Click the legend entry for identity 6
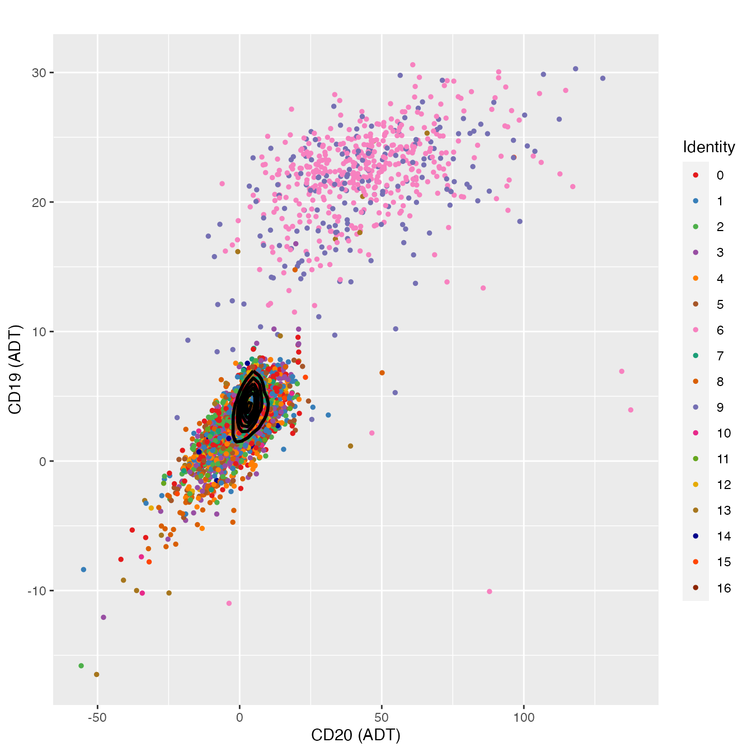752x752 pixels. tap(720, 330)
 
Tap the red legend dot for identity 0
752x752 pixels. tap(695, 175)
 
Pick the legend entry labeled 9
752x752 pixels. tap(720, 407)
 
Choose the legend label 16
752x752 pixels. tap(723, 588)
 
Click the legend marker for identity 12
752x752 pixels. tap(695, 485)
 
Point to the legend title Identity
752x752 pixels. tap(708, 147)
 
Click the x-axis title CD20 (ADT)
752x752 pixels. tap(356, 735)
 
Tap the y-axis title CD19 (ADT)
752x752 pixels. tap(15, 369)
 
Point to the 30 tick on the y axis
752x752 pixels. tap(41, 73)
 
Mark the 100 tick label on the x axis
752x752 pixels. tap(524, 717)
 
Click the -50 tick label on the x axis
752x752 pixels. tap(97, 717)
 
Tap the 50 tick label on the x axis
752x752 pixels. tap(382, 717)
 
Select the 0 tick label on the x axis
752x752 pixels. tap(239, 717)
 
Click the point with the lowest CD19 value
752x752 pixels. tap(96, 674)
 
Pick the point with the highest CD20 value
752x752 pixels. tap(631, 410)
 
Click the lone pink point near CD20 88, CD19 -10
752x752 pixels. tap(490, 591)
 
